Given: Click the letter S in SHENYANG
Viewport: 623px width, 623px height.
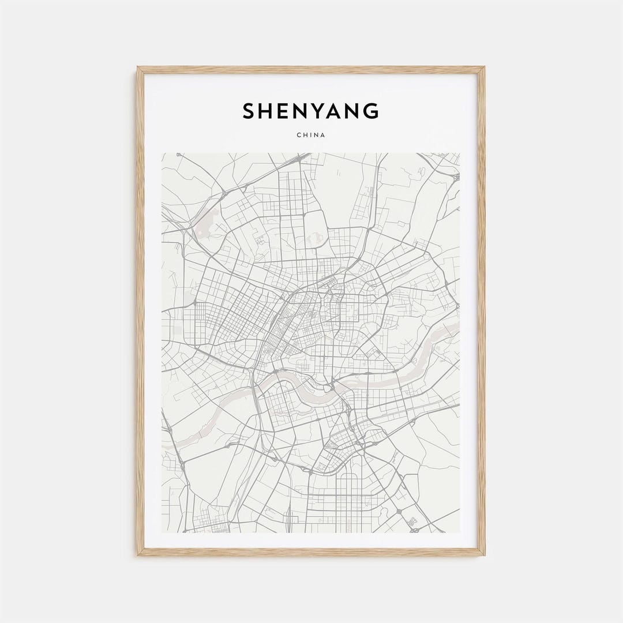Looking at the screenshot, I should point(249,111).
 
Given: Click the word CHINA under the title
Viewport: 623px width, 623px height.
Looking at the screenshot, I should point(311,135).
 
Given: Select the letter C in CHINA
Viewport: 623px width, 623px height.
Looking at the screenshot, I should point(299,135).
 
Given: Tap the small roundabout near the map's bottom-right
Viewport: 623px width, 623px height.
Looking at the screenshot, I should point(399,512).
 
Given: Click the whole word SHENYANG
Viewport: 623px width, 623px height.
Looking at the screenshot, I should point(311,111).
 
